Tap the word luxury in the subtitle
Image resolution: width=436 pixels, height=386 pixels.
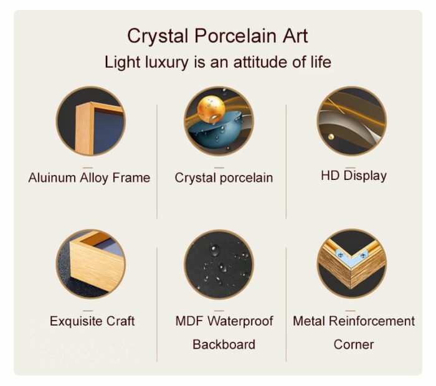pyautogui.click(x=166, y=63)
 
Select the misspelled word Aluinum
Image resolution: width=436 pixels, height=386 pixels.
pyautogui.click(x=52, y=177)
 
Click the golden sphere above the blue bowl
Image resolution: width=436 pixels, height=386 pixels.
pyautogui.click(x=211, y=109)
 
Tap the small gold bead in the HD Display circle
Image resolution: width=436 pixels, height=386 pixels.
pyautogui.click(x=331, y=136)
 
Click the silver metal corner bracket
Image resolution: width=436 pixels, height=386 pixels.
pyautogui.click(x=351, y=257)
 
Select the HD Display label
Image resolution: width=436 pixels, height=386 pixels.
pyautogui.click(x=354, y=176)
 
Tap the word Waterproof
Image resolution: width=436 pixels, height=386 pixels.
pyautogui.click(x=240, y=321)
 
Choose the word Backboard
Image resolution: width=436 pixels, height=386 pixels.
pyautogui.click(x=224, y=344)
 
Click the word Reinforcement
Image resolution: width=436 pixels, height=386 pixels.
pyautogui.click(x=372, y=321)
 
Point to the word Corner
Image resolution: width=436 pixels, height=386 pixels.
pyautogui.click(x=354, y=344)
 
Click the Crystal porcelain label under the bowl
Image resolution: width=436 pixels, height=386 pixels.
pyautogui.click(x=224, y=178)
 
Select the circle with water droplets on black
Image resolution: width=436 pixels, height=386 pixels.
pyautogui.click(x=219, y=264)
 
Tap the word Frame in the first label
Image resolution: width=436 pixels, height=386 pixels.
pyautogui.click(x=131, y=177)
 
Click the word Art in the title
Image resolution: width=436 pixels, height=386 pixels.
pyautogui.click(x=296, y=36)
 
